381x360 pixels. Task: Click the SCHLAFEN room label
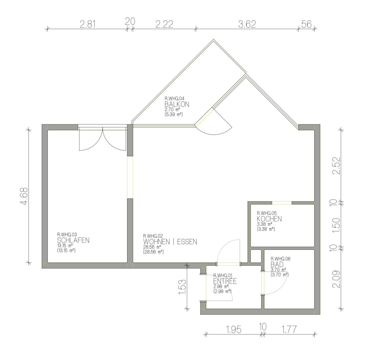pyautogui.click(x=73, y=240)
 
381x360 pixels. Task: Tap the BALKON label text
pyautogui.click(x=176, y=104)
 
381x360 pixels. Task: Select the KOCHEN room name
pyautogui.click(x=269, y=219)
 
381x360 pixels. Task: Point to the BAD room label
pyautogui.click(x=277, y=264)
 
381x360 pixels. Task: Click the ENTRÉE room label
pyautogui.click(x=225, y=281)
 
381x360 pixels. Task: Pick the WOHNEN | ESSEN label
pyautogui.click(x=170, y=242)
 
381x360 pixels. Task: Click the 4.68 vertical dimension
pyautogui.click(x=24, y=196)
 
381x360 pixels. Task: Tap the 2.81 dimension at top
pyautogui.click(x=88, y=24)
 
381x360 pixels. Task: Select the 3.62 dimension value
pyautogui.click(x=247, y=24)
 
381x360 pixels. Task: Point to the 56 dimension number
pyautogui.click(x=306, y=24)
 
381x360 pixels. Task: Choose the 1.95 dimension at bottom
pyautogui.click(x=234, y=330)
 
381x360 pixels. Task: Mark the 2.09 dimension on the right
pyautogui.click(x=336, y=279)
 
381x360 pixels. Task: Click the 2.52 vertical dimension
pyautogui.click(x=336, y=166)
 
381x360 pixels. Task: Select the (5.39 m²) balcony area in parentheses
pyautogui.click(x=173, y=114)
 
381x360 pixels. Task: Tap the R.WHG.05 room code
pyautogui.click(x=267, y=213)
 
